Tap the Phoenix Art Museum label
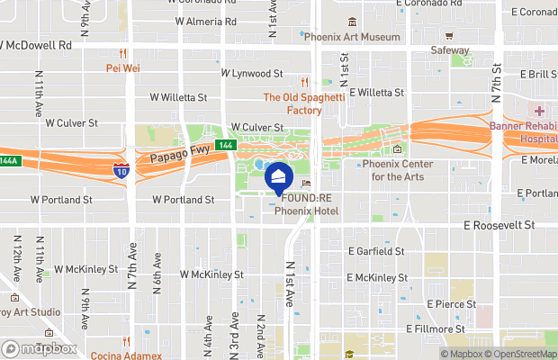click(x=351, y=38)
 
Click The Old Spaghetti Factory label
click(x=292, y=103)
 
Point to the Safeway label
click(x=450, y=50)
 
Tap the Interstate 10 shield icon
click(x=121, y=169)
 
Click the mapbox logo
click(x=40, y=348)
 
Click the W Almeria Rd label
click(x=205, y=22)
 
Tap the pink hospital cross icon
click(x=539, y=111)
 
